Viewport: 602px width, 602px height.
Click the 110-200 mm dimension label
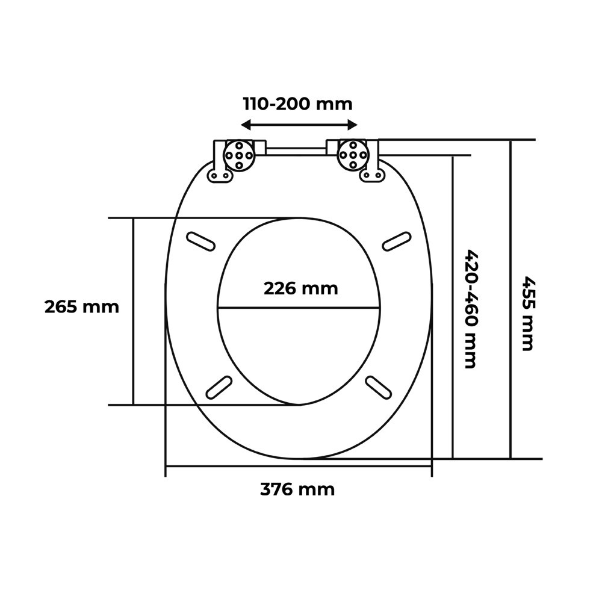coord(297,104)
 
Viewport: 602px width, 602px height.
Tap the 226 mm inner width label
coord(300,288)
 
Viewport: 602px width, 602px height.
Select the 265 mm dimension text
coord(82,307)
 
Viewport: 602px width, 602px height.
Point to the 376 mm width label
coord(297,489)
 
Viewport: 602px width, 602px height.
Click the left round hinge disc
coord(238,156)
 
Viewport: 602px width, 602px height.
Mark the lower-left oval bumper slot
coord(219,386)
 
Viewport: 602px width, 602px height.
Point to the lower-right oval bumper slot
coord(380,386)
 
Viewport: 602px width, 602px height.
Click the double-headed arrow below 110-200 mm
coord(299,125)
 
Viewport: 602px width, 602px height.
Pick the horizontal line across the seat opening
coord(299,308)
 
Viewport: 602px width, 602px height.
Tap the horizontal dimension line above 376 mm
coord(299,467)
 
